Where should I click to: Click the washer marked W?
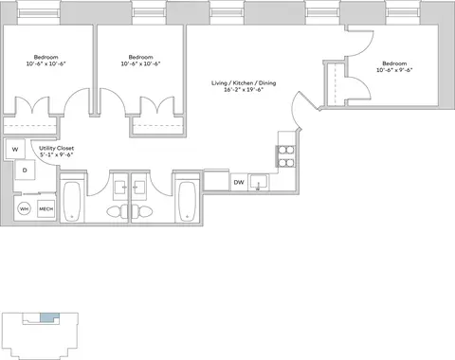tap(15, 149)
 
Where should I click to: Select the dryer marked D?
tap(25, 171)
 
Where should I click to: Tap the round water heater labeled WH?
tap(24, 209)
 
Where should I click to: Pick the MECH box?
tap(45, 208)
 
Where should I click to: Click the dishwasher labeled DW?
tap(239, 182)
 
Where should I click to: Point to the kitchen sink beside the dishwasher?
tap(259, 182)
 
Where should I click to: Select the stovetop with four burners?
tap(286, 156)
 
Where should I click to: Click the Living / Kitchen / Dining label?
tap(244, 82)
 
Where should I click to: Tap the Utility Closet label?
tap(57, 148)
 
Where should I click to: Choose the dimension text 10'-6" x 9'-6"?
tap(394, 70)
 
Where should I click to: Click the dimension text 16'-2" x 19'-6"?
tap(244, 89)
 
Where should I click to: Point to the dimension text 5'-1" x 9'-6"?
tap(57, 154)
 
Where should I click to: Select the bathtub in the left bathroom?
tap(72, 202)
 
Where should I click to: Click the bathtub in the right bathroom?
tap(188, 202)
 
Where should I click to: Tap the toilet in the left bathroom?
tap(118, 211)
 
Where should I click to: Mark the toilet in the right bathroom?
tap(142, 211)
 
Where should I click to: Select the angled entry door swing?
tap(297, 109)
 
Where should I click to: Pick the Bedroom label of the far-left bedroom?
tap(46, 57)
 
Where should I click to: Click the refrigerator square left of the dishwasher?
tap(216, 180)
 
